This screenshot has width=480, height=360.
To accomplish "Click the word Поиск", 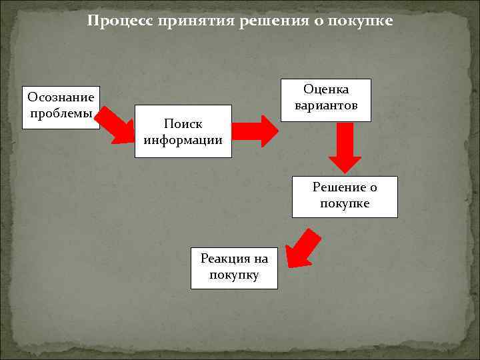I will coord(183,124).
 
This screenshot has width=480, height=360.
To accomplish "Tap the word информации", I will coord(183,140).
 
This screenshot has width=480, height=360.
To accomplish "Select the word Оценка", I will coord(326,89).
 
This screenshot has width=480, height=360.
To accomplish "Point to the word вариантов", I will coord(326,105).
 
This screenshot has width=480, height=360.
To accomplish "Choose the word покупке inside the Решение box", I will coord(345,203).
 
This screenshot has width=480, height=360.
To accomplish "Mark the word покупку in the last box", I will coord(234,275).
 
